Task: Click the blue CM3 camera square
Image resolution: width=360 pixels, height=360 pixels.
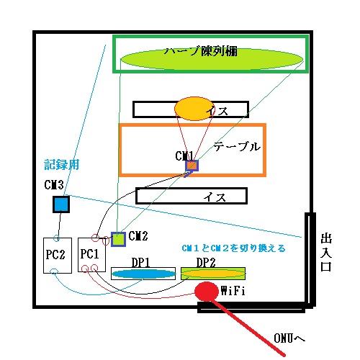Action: (61, 204)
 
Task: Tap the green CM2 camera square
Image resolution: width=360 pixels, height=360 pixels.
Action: (118, 239)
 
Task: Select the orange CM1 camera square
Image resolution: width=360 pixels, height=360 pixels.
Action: (192, 166)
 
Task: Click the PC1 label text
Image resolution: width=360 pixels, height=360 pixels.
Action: (89, 254)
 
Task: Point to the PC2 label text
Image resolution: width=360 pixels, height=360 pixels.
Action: (55, 254)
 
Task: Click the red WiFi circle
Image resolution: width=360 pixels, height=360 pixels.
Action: (207, 292)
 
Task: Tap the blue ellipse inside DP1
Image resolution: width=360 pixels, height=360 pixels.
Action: (143, 274)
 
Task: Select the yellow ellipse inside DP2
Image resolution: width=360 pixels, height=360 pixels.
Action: (213, 274)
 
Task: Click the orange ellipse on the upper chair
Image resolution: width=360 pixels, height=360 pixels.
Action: (194, 109)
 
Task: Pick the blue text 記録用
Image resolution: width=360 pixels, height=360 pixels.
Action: (62, 165)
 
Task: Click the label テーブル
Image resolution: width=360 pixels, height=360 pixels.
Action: (237, 147)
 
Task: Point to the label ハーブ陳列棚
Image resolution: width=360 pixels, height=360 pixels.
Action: (201, 51)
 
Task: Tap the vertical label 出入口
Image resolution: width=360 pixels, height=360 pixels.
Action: (326, 252)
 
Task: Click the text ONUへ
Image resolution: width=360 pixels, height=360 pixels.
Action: (289, 338)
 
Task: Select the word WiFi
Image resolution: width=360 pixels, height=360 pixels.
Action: (233, 291)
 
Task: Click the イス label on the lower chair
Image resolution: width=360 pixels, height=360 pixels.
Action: (215, 197)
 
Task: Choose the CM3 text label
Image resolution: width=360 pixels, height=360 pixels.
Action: (54, 185)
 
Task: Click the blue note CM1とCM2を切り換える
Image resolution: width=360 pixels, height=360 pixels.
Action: (233, 248)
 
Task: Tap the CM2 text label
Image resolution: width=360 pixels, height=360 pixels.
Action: (138, 236)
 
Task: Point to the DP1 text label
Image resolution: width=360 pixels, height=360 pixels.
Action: (141, 263)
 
